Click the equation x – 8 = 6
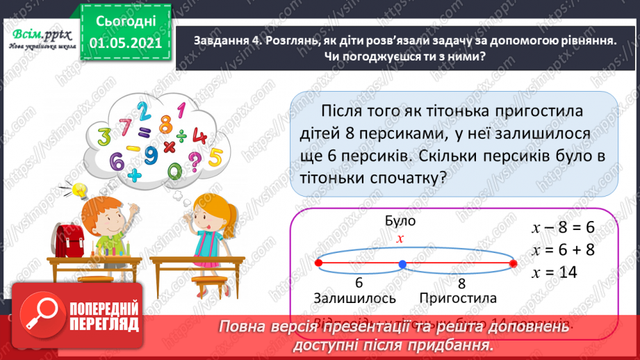[x=562, y=227]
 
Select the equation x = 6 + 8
[x=562, y=250]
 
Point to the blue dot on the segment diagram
[x=402, y=264]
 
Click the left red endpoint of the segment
[x=318, y=263]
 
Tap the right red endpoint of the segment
[x=514, y=263]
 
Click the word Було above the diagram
[x=400, y=221]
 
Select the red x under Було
[x=400, y=238]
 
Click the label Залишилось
[x=354, y=298]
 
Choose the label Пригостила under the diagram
[x=458, y=298]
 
